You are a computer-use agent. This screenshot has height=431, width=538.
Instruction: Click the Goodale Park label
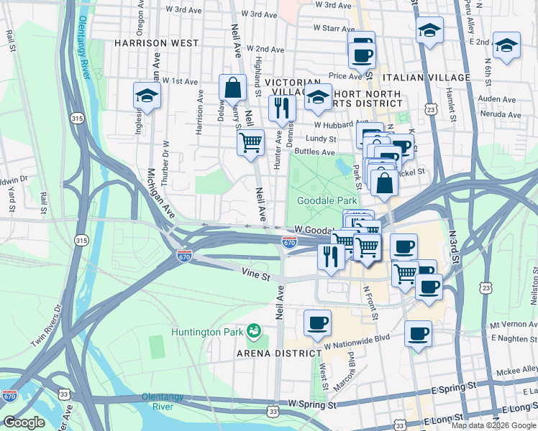point(322,200)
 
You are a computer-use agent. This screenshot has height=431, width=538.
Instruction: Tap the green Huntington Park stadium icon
point(253,331)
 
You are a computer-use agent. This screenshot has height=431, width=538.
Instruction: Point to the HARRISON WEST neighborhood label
point(155,43)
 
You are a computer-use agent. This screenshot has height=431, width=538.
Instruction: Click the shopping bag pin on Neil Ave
point(233,88)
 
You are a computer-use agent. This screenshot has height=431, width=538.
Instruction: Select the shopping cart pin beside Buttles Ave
point(250,142)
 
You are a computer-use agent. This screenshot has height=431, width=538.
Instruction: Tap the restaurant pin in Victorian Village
point(282,108)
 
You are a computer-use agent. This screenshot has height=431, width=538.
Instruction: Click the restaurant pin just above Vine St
point(330,256)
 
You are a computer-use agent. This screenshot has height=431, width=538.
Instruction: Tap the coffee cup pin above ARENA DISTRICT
point(317,323)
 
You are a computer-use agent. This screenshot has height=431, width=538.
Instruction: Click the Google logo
point(24,422)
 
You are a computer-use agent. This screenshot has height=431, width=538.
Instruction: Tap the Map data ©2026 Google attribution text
point(493,425)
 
